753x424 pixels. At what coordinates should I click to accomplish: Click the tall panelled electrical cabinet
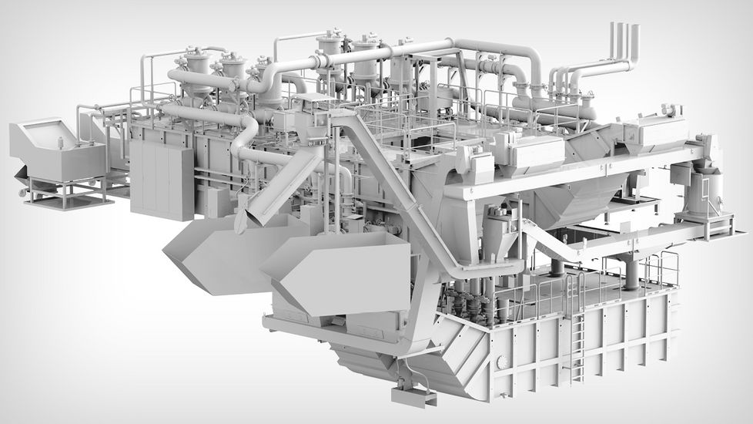(x=162, y=179)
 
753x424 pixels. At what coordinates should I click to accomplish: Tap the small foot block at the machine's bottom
(x=413, y=396)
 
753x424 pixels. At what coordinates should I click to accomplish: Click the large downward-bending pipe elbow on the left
(x=245, y=139)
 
